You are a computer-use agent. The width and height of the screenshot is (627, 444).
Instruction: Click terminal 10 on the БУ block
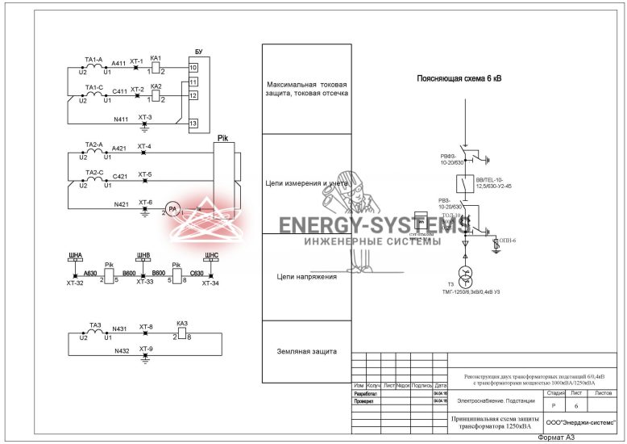point(193,68)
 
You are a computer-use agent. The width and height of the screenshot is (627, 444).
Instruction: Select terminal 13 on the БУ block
point(193,124)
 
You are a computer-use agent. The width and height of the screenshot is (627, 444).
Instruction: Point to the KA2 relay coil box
point(156,95)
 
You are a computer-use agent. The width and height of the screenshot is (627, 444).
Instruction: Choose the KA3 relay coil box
point(182,332)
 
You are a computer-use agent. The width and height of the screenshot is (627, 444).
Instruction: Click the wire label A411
point(118,63)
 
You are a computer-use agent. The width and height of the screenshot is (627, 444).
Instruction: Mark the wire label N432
point(122,351)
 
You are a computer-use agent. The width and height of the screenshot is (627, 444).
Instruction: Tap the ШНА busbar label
point(76,255)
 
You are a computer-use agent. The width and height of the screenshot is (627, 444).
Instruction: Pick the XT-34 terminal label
point(210,283)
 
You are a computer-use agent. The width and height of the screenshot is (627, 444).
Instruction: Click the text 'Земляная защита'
point(306,352)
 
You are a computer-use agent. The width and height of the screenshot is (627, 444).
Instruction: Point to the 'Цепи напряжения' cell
point(306,277)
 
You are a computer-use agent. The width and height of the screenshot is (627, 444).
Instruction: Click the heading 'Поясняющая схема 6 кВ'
point(459,79)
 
